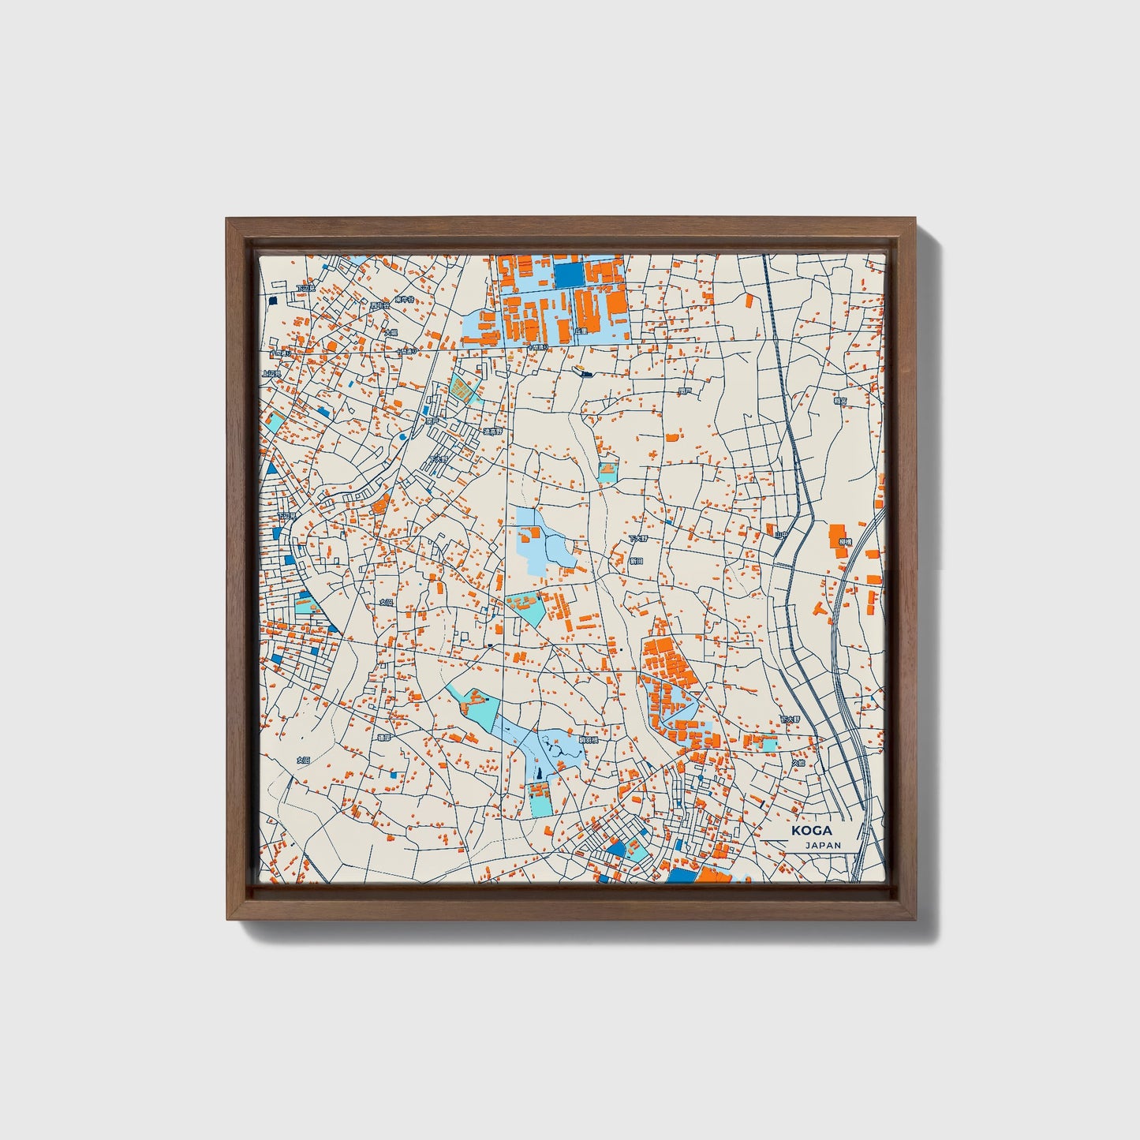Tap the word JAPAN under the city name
point(823,845)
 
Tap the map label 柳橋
point(845,542)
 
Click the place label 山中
point(781,535)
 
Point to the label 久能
point(798,763)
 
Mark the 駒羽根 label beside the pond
point(589,740)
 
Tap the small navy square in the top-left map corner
point(274,300)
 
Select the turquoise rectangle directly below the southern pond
point(542,803)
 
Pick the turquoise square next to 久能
point(765,743)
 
